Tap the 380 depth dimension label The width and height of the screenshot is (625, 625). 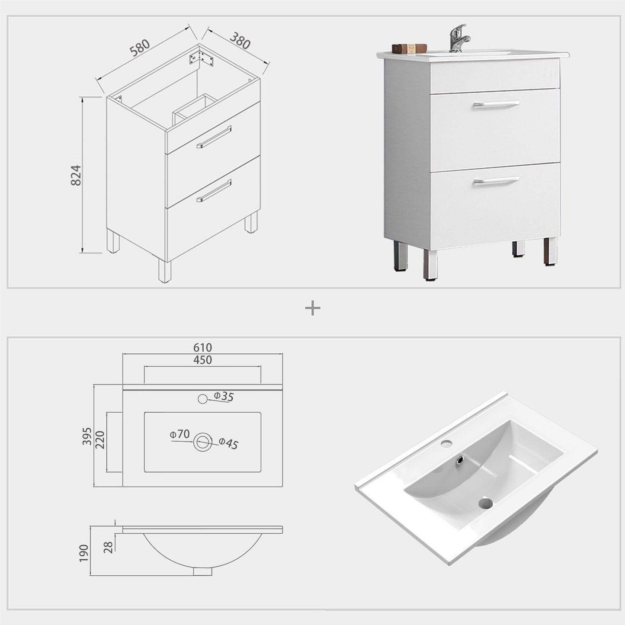[x=240, y=41]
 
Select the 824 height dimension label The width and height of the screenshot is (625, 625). [x=76, y=175]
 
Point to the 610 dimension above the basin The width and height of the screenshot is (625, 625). [x=202, y=347]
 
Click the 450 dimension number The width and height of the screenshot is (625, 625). [x=202, y=360]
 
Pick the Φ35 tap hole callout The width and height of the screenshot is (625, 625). [x=224, y=396]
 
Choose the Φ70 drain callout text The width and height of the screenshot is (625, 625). [x=180, y=434]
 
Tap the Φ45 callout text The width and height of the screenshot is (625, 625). [x=228, y=443]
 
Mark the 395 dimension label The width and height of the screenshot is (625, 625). [x=87, y=436]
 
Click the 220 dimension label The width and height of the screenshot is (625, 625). [x=100, y=440]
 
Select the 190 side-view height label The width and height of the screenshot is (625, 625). [x=84, y=553]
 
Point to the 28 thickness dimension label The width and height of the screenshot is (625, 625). [x=109, y=547]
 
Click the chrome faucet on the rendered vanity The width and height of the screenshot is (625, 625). [x=458, y=39]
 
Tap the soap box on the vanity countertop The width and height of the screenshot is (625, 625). [x=409, y=48]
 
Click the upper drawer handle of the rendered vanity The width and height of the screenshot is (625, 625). [x=496, y=104]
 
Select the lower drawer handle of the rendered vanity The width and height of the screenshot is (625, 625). [x=496, y=180]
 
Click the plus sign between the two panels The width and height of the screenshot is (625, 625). [x=312, y=308]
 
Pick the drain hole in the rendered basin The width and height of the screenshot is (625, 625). [x=486, y=503]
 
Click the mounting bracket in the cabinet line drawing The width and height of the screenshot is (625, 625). [x=201, y=58]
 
